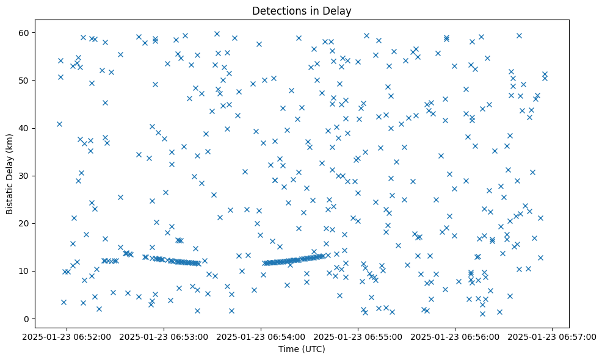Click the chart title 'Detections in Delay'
pyautogui.click(x=301, y=10)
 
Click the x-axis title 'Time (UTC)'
pyautogui.click(x=301, y=350)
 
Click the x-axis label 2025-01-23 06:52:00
pyautogui.click(x=67, y=336)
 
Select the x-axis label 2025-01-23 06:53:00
pyautogui.click(x=164, y=336)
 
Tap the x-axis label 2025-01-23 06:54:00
pyautogui.click(x=261, y=336)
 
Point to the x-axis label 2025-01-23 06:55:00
pyautogui.click(x=358, y=336)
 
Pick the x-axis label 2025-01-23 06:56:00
pyautogui.click(x=455, y=336)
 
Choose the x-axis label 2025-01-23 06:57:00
pyautogui.click(x=553, y=336)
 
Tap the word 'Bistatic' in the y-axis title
pyautogui.click(x=10, y=199)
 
